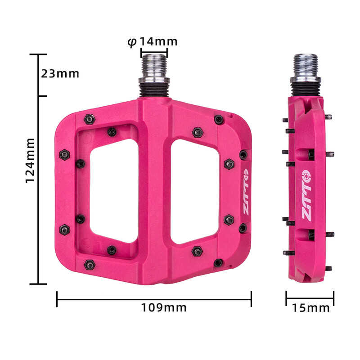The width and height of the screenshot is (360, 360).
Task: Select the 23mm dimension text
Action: (60, 73)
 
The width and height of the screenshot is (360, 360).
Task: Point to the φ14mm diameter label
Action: (153, 42)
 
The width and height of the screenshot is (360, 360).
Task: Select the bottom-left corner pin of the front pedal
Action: (90, 265)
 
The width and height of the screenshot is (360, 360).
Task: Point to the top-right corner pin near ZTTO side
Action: (219, 119)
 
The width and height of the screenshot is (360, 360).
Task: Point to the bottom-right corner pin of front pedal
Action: (219, 262)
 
